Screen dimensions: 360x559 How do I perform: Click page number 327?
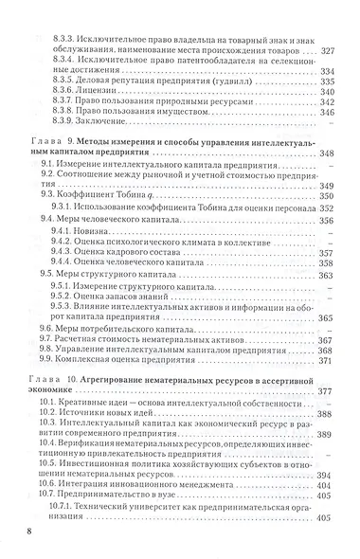tap(327, 50)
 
